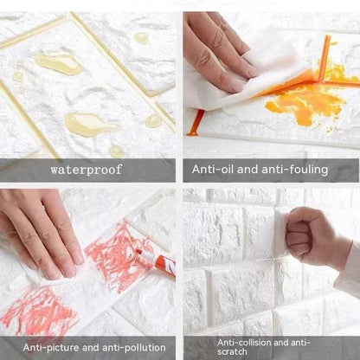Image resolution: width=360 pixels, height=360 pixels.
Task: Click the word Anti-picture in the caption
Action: [55, 348]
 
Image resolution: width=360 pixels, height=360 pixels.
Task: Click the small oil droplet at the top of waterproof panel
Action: [140, 38]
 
